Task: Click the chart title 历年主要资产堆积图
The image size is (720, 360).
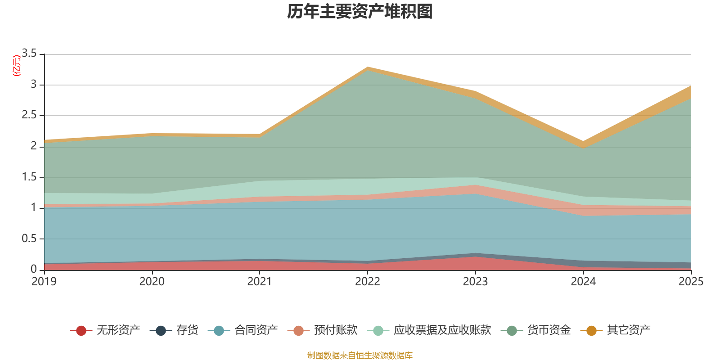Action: pos(360,12)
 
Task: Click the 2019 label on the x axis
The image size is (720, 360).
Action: pos(44,282)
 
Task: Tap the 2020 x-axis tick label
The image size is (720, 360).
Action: pos(152,282)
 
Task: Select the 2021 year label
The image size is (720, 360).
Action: pos(260,282)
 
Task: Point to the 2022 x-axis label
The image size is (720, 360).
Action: pos(368,282)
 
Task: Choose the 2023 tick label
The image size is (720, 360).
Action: pos(476,282)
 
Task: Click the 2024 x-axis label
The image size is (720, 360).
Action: pos(583,282)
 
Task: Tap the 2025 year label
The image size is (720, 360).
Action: pos(690,282)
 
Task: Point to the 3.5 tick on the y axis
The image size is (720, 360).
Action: pos(30,54)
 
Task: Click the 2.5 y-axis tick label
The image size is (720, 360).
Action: pos(30,115)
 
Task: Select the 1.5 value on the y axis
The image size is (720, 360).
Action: pos(30,177)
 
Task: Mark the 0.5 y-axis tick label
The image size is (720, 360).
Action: pos(30,238)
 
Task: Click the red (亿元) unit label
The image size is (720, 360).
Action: pos(17,66)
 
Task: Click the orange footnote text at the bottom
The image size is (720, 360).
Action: pos(360,355)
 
